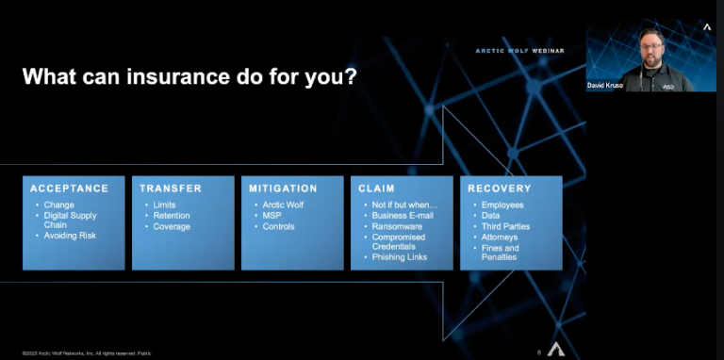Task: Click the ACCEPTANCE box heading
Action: pyautogui.click(x=69, y=188)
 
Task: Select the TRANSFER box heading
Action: pyautogui.click(x=171, y=188)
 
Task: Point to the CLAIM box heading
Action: pyautogui.click(x=376, y=188)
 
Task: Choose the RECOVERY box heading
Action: pyautogui.click(x=500, y=188)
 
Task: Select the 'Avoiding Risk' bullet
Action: pyautogui.click(x=72, y=237)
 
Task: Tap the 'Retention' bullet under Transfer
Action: pyautogui.click(x=172, y=216)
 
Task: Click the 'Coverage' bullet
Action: pyautogui.click(x=172, y=226)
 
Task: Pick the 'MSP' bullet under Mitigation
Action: pyautogui.click(x=271, y=216)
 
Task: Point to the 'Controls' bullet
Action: pyautogui.click(x=279, y=226)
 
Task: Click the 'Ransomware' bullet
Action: pyautogui.click(x=398, y=226)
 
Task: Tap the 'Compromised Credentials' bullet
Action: pyautogui.click(x=399, y=242)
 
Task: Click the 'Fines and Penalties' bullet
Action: pyautogui.click(x=500, y=254)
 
